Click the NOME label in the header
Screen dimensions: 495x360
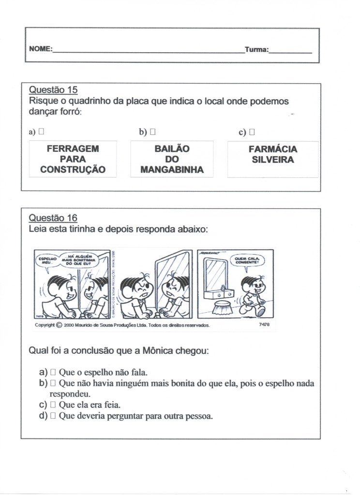coord(40,49)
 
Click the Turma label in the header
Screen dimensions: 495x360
coord(256,49)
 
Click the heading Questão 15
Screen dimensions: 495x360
coord(53,90)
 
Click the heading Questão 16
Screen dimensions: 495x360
coord(53,218)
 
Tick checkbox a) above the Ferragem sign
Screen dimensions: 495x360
coord(42,131)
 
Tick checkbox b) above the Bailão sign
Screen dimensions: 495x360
coord(153,131)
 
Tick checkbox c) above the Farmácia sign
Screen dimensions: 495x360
coord(252,131)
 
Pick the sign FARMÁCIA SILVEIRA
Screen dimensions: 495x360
coord(273,155)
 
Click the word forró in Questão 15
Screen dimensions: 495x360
coord(69,112)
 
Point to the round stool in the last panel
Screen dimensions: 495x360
coord(223,307)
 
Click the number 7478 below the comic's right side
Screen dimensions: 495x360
coord(264,325)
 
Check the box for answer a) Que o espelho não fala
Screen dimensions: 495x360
coord(54,372)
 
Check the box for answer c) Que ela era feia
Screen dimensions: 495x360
coord(54,405)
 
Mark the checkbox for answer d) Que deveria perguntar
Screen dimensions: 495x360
coord(54,416)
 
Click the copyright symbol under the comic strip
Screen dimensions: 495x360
coord(59,325)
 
